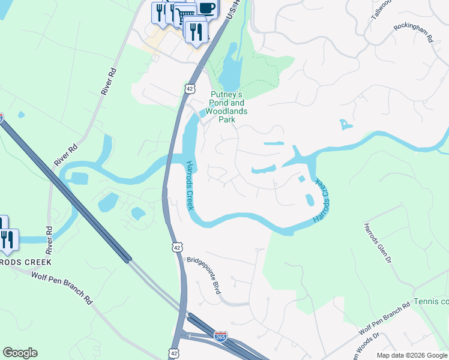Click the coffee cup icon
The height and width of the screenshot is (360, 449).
tap(206, 8)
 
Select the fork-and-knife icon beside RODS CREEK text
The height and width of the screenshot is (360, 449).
tap(7, 240)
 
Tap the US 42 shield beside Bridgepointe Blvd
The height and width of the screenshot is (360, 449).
tap(176, 247)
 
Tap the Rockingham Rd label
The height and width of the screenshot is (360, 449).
tap(414, 34)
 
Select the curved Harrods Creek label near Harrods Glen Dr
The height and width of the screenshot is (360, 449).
tap(322, 202)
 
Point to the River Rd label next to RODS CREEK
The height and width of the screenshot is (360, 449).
tap(49, 238)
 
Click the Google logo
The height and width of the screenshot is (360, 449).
tap(20, 353)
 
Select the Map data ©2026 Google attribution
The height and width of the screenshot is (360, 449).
tap(412, 355)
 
